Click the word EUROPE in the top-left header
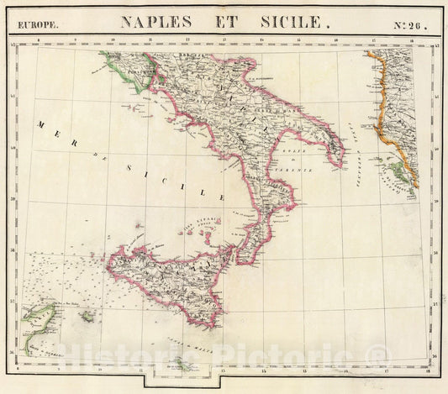click(36, 24)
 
